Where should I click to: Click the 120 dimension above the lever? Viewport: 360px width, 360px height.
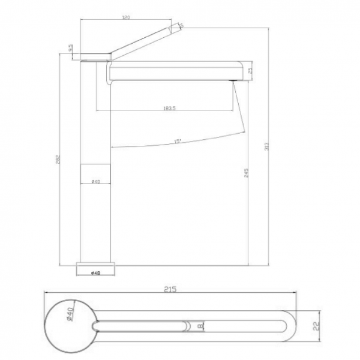coord(126,17)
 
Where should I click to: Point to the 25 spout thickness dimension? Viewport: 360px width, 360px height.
coord(250,70)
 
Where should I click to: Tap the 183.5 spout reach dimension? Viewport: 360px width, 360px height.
coord(169,108)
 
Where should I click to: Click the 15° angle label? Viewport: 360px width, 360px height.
coord(178,141)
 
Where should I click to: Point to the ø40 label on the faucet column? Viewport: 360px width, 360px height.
coord(95,181)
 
